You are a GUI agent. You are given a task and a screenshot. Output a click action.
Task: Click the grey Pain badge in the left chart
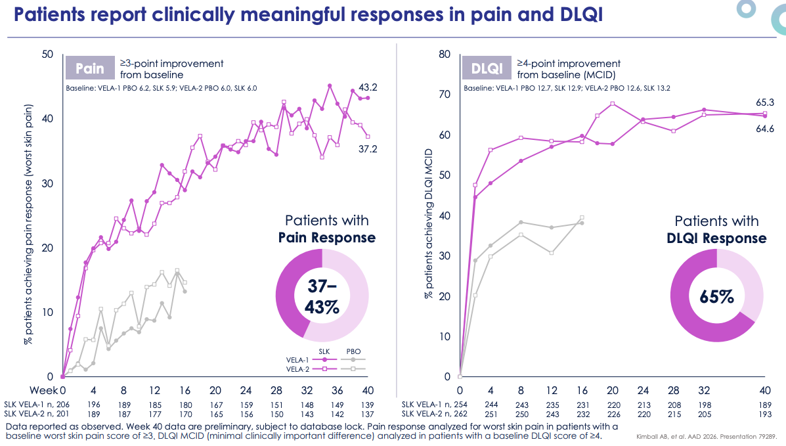pos(90,68)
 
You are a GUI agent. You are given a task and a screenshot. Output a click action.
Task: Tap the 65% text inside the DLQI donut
pos(716,296)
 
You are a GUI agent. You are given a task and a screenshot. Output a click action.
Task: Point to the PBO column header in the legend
pos(353,351)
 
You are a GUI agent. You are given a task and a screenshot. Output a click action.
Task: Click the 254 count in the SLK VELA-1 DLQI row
pos(462,405)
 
